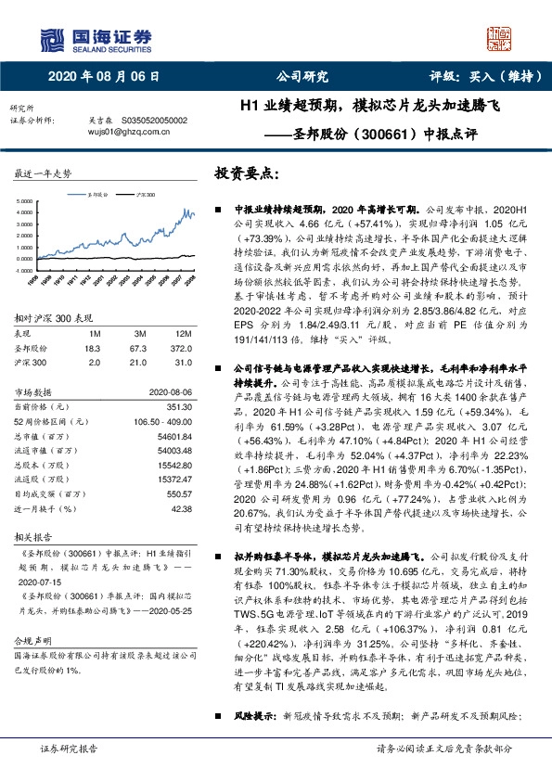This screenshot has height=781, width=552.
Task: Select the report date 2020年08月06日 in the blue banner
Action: [x=103, y=78]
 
